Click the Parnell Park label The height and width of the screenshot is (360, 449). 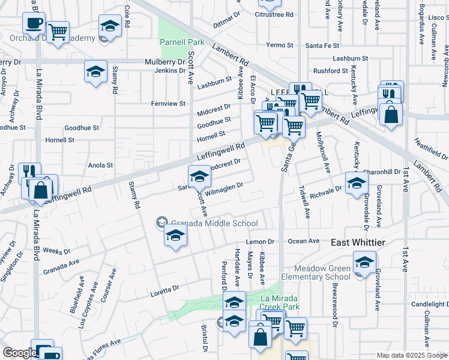(x=182, y=43)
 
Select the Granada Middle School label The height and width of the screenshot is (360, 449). (x=206, y=223)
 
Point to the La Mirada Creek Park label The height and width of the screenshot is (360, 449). (x=280, y=302)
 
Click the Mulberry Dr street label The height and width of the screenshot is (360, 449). (x=165, y=62)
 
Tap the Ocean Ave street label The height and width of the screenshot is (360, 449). (x=304, y=241)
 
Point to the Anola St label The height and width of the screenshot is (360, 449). (x=101, y=165)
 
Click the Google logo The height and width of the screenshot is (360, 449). (x=20, y=353)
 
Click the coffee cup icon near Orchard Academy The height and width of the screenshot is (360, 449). (x=34, y=23)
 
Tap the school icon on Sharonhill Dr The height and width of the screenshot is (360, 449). (x=357, y=182)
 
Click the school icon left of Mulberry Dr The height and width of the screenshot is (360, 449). (x=95, y=71)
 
